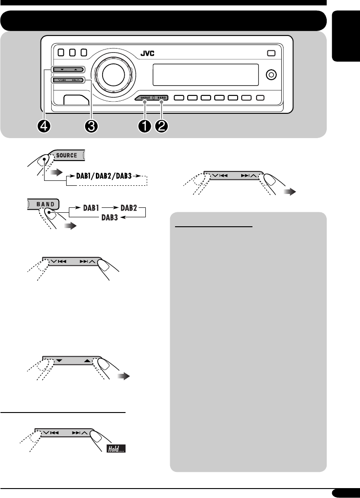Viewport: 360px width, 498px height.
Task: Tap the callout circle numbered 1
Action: (145, 126)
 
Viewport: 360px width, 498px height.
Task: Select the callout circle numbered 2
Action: (161, 126)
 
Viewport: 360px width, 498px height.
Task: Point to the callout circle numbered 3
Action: (91, 126)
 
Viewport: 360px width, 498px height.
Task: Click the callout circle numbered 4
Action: (45, 126)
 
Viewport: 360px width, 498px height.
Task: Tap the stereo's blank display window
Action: (206, 74)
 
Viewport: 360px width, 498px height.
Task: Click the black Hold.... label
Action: (116, 449)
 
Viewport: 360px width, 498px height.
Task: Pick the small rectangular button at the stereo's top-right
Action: (270, 53)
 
